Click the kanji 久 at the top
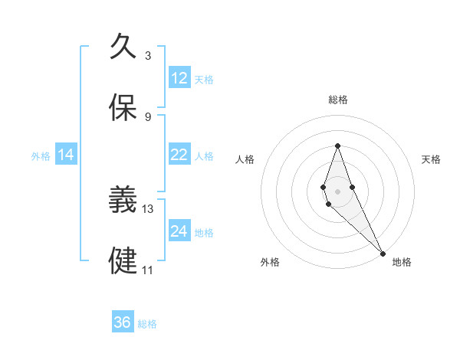[x=123, y=45]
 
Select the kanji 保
[x=123, y=108]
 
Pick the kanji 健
[x=123, y=261]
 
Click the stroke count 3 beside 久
[x=148, y=55]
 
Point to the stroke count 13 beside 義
[x=148, y=208]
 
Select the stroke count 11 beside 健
[x=148, y=270]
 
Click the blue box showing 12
[x=179, y=78]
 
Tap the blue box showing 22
[x=179, y=155]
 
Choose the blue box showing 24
[x=179, y=231]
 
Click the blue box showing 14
[x=66, y=155]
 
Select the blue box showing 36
[x=123, y=322]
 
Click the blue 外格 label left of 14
[x=41, y=156]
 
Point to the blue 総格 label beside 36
[x=147, y=324]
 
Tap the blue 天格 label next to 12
[x=204, y=80]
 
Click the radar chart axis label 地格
[x=402, y=262]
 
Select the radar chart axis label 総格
[x=337, y=100]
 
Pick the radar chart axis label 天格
[x=431, y=159]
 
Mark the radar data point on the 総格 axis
[x=337, y=146]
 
